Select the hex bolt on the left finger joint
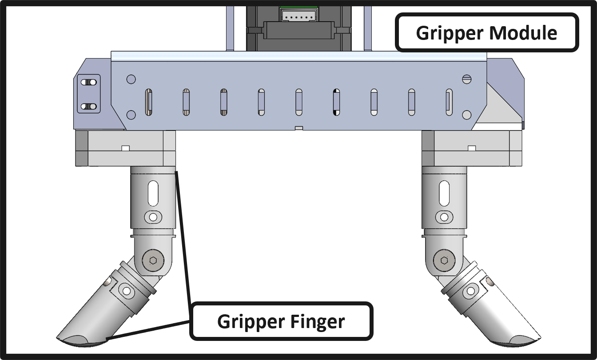153,261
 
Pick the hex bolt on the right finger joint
444,261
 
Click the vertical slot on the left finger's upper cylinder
153,193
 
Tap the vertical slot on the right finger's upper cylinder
444,193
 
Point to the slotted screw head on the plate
466,79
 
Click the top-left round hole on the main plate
131,79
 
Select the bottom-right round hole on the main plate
466,115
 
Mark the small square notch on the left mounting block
125,148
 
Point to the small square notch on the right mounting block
472,148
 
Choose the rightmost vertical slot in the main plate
449,103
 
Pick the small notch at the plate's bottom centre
299,128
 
